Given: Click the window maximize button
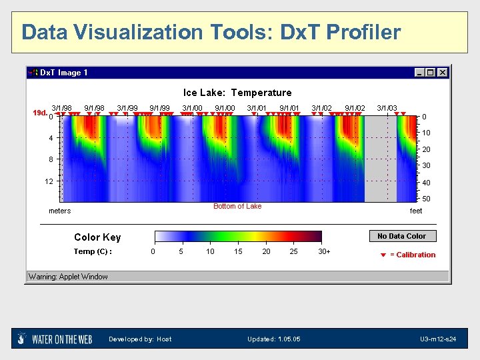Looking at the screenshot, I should coord(431,73).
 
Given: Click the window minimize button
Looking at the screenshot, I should coord(419,73).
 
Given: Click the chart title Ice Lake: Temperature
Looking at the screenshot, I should coord(237,93).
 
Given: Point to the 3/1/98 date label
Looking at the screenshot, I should coord(61,107).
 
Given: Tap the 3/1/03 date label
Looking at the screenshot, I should coord(387,107).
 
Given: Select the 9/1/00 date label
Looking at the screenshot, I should coord(225,107).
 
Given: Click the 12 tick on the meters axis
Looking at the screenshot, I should coord(49,181).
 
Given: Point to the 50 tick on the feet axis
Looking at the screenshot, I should coord(426,199).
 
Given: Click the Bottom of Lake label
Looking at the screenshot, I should coord(237,206).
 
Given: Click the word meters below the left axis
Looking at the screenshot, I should coord(60,211).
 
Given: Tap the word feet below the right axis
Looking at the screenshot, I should coord(416,211).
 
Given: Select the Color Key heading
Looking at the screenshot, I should coord(97,237).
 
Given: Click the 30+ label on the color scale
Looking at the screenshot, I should coord(324,251).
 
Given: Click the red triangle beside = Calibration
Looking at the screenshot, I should coord(383,255).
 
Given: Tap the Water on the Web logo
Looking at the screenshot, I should coord(55,339).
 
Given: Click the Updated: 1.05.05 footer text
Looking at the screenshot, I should coord(273,339).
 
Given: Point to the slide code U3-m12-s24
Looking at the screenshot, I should coord(439,339).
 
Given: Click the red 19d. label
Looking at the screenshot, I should coord(40,113).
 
